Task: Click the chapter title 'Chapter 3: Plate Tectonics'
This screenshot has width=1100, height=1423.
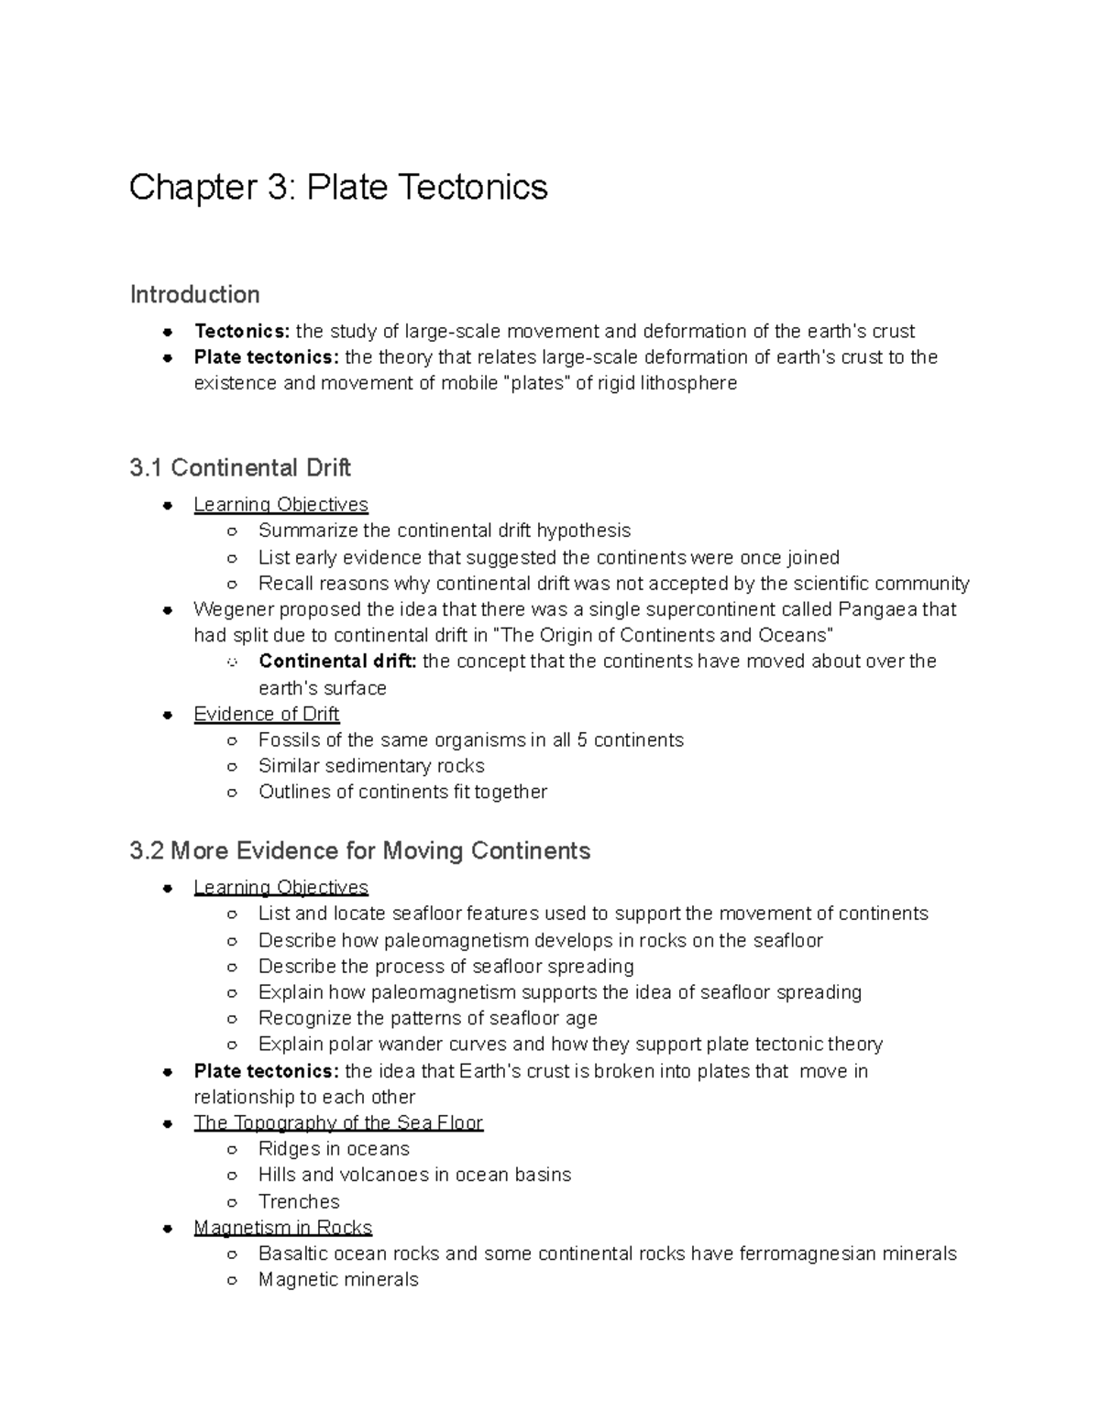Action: point(338,188)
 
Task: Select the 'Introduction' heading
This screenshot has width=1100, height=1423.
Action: point(194,295)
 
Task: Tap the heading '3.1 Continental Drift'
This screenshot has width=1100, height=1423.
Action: point(240,468)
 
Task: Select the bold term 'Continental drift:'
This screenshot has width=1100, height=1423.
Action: point(337,662)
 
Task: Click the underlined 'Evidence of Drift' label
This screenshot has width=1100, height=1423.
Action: point(266,714)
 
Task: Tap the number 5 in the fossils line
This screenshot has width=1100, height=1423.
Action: point(581,740)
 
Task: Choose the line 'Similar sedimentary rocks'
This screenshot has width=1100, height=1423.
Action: point(371,766)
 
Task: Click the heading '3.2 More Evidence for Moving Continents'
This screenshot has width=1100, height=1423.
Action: point(360,851)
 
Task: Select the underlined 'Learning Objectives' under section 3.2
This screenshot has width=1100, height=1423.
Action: point(280,888)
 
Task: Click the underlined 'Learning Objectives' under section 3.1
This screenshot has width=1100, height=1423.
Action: point(280,505)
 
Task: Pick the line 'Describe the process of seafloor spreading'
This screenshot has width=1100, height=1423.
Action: point(445,967)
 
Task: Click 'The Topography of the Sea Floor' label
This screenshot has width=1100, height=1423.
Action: point(338,1123)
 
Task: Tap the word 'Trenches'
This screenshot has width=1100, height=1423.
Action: point(299,1202)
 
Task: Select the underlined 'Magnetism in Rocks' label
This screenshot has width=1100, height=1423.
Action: point(282,1228)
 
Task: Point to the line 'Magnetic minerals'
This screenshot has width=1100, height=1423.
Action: point(338,1280)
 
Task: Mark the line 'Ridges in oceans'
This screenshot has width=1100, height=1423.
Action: point(334,1149)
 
